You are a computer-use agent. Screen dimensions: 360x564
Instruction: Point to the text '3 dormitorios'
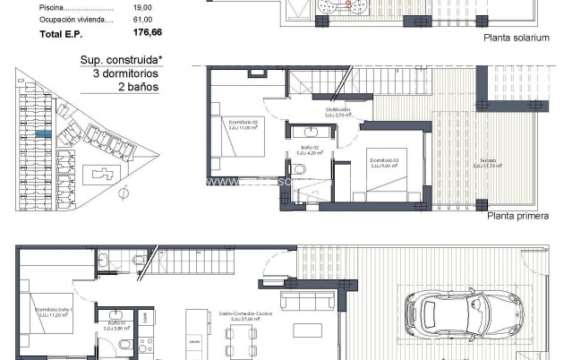click(x=125, y=74)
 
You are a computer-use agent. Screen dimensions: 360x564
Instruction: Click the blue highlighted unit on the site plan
click(x=43, y=133)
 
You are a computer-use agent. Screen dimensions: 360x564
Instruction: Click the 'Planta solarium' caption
click(x=517, y=39)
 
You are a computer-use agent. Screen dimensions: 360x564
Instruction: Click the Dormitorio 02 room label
click(x=244, y=123)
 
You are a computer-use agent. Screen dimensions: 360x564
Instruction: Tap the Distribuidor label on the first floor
click(x=337, y=111)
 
